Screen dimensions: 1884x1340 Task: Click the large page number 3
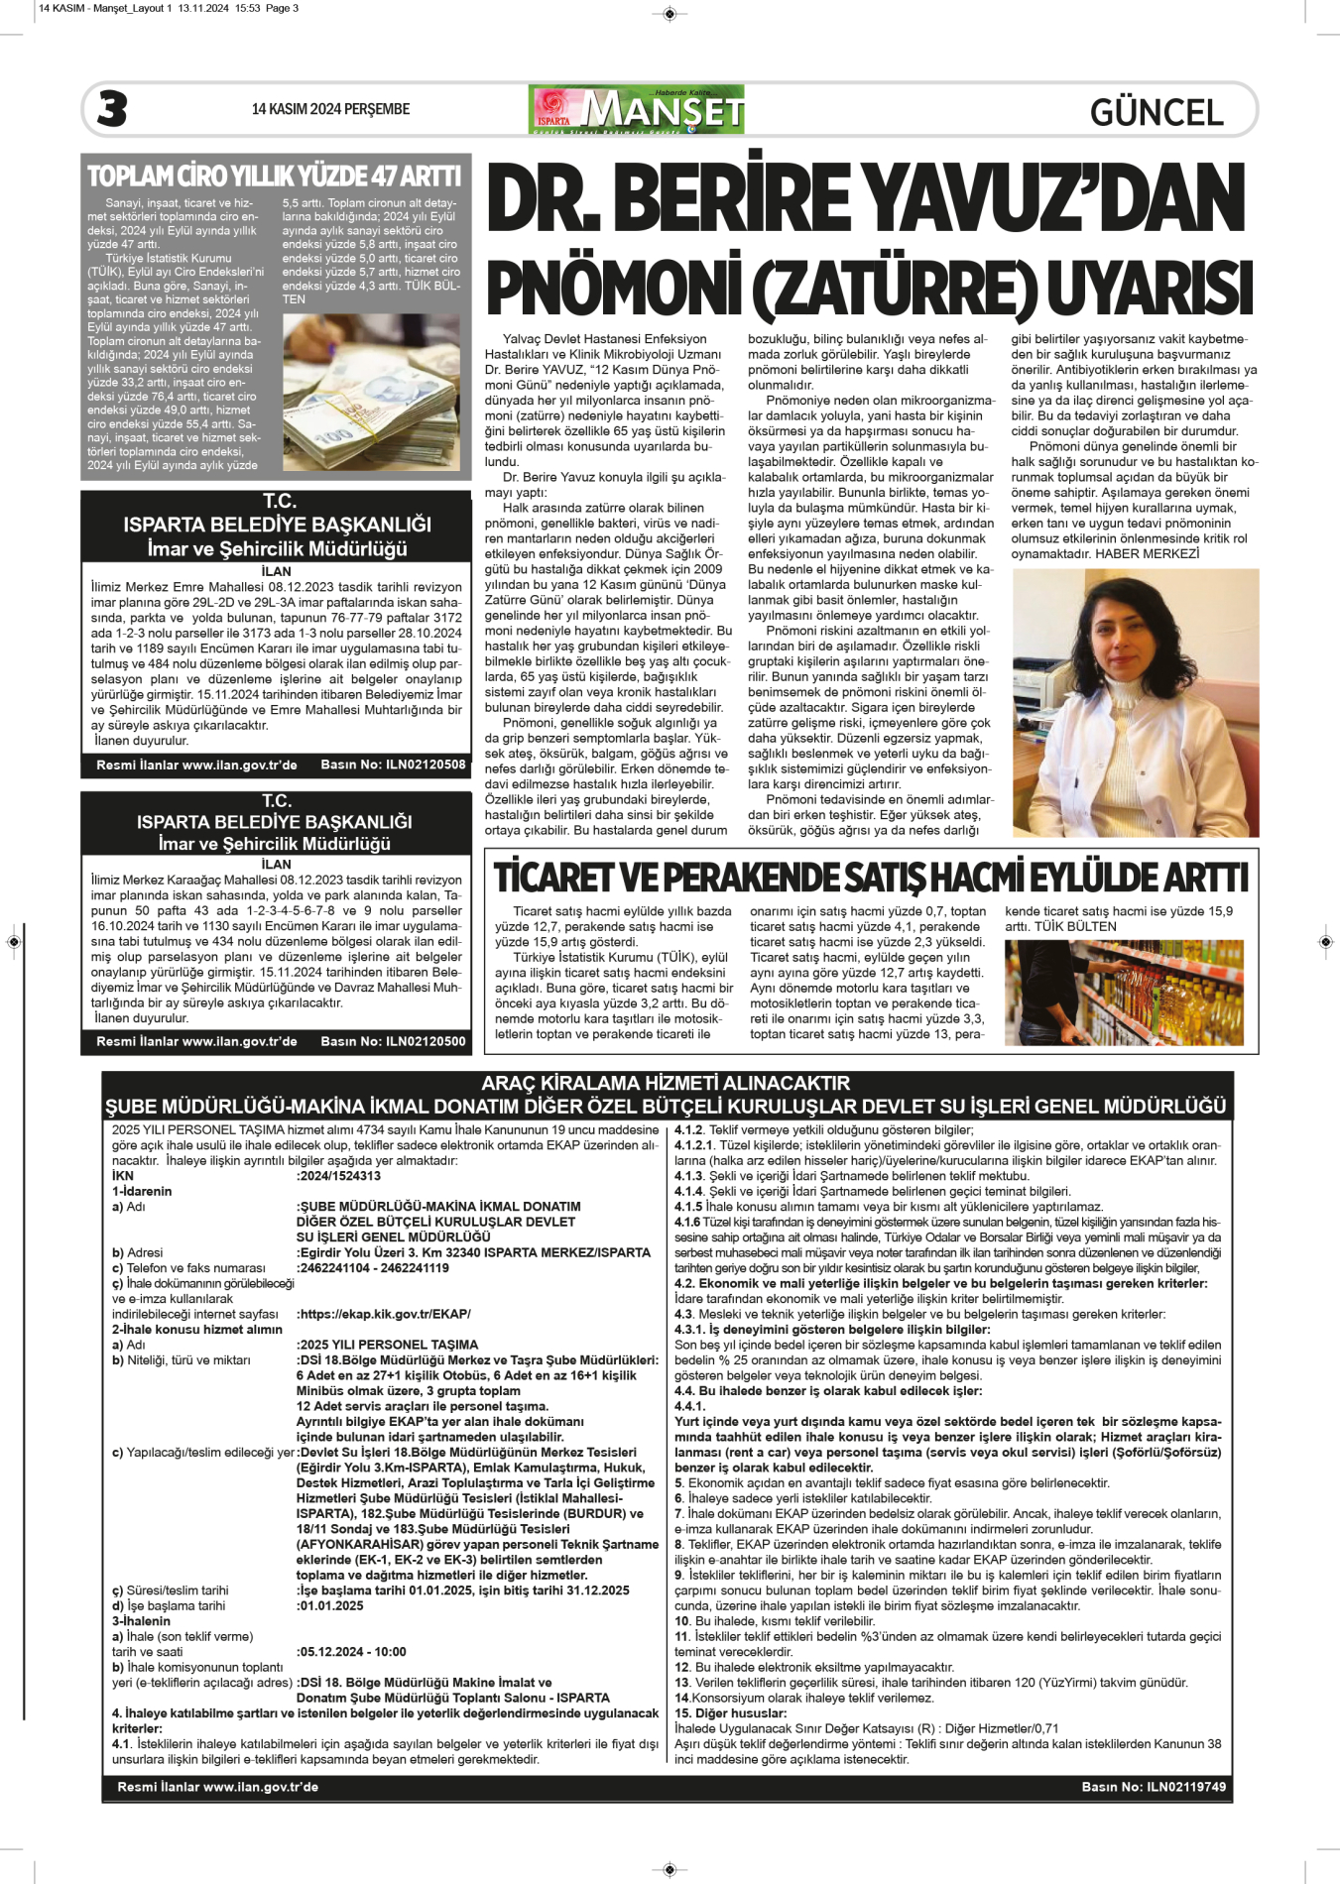pos(112,109)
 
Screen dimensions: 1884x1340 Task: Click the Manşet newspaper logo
pos(637,110)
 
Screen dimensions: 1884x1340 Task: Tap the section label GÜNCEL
pos(1157,112)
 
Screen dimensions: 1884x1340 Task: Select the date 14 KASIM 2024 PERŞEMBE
pos(330,109)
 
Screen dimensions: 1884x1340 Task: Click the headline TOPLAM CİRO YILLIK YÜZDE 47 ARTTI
pos(275,177)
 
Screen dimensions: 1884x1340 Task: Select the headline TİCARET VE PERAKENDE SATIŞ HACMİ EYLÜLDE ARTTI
pos(871,878)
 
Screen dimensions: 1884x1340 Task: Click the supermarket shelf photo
pos(1123,993)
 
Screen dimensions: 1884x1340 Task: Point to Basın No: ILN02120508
pos(393,765)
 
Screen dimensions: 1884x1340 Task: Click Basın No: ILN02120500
pos(393,1041)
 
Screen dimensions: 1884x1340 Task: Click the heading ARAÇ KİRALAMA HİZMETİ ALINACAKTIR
pos(666,1083)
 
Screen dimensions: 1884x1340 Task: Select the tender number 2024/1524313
pos(340,1176)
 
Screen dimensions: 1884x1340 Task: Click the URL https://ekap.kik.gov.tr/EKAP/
pos(385,1314)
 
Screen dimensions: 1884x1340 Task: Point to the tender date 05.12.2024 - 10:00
pos(352,1652)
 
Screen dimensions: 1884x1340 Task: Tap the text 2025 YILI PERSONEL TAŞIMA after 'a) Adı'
pos(389,1345)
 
